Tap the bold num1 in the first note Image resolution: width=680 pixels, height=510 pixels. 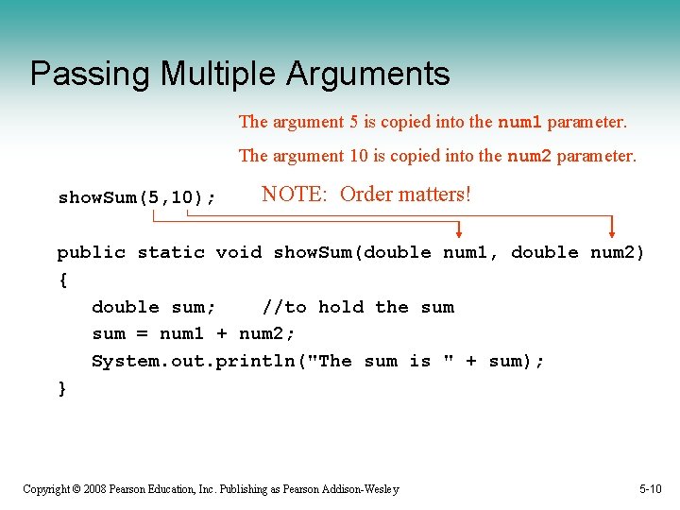[x=519, y=122]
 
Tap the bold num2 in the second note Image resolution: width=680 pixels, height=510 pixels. [x=530, y=156]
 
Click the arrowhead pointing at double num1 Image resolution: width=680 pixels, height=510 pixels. [x=459, y=229]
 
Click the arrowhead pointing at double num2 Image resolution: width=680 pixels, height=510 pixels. [x=612, y=229]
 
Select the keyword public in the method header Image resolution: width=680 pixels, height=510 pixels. [x=91, y=252]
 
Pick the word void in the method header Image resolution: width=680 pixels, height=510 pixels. [x=239, y=252]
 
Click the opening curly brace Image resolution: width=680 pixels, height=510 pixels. [x=62, y=280]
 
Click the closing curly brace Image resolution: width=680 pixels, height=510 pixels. [x=62, y=388]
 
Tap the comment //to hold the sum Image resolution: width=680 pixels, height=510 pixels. [x=358, y=307]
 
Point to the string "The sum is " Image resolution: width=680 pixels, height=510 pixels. [x=383, y=361]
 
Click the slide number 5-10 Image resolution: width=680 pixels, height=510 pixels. [x=650, y=489]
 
